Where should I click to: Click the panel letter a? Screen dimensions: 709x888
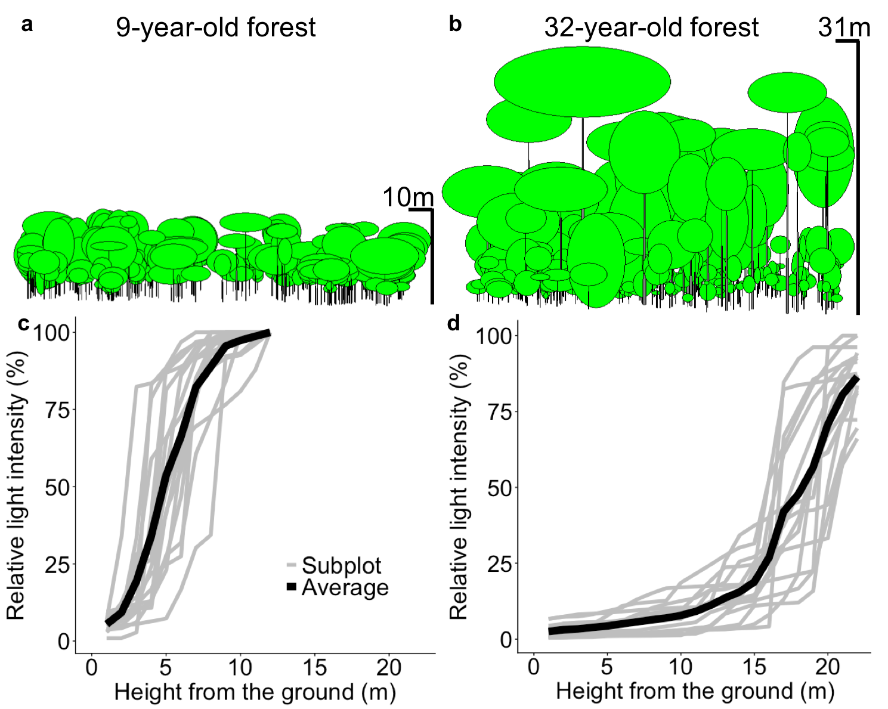pyautogui.click(x=26, y=25)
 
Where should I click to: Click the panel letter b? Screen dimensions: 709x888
pyautogui.click(x=456, y=25)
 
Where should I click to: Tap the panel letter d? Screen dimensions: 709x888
pyautogui.click(x=454, y=324)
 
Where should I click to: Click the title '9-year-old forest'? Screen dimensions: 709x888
pyautogui.click(x=215, y=27)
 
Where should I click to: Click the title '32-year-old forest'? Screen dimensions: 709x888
pyautogui.click(x=651, y=27)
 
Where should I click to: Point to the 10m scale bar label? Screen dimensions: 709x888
pyautogui.click(x=408, y=197)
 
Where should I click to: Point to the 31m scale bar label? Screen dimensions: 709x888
pyautogui.click(x=843, y=27)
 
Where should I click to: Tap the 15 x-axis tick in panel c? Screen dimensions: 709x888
pyautogui.click(x=314, y=667)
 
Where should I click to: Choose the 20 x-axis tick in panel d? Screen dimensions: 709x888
pyautogui.click(x=827, y=667)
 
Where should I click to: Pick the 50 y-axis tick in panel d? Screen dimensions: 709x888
pyautogui.click(x=500, y=488)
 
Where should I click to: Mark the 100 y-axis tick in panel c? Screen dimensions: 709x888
pyautogui.click(x=54, y=333)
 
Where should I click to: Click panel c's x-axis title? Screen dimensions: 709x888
pyautogui.click(x=255, y=692)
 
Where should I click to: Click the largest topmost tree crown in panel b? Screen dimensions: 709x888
pyautogui.click(x=582, y=81)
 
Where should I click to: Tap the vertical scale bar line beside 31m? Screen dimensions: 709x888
pyautogui.click(x=858, y=179)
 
